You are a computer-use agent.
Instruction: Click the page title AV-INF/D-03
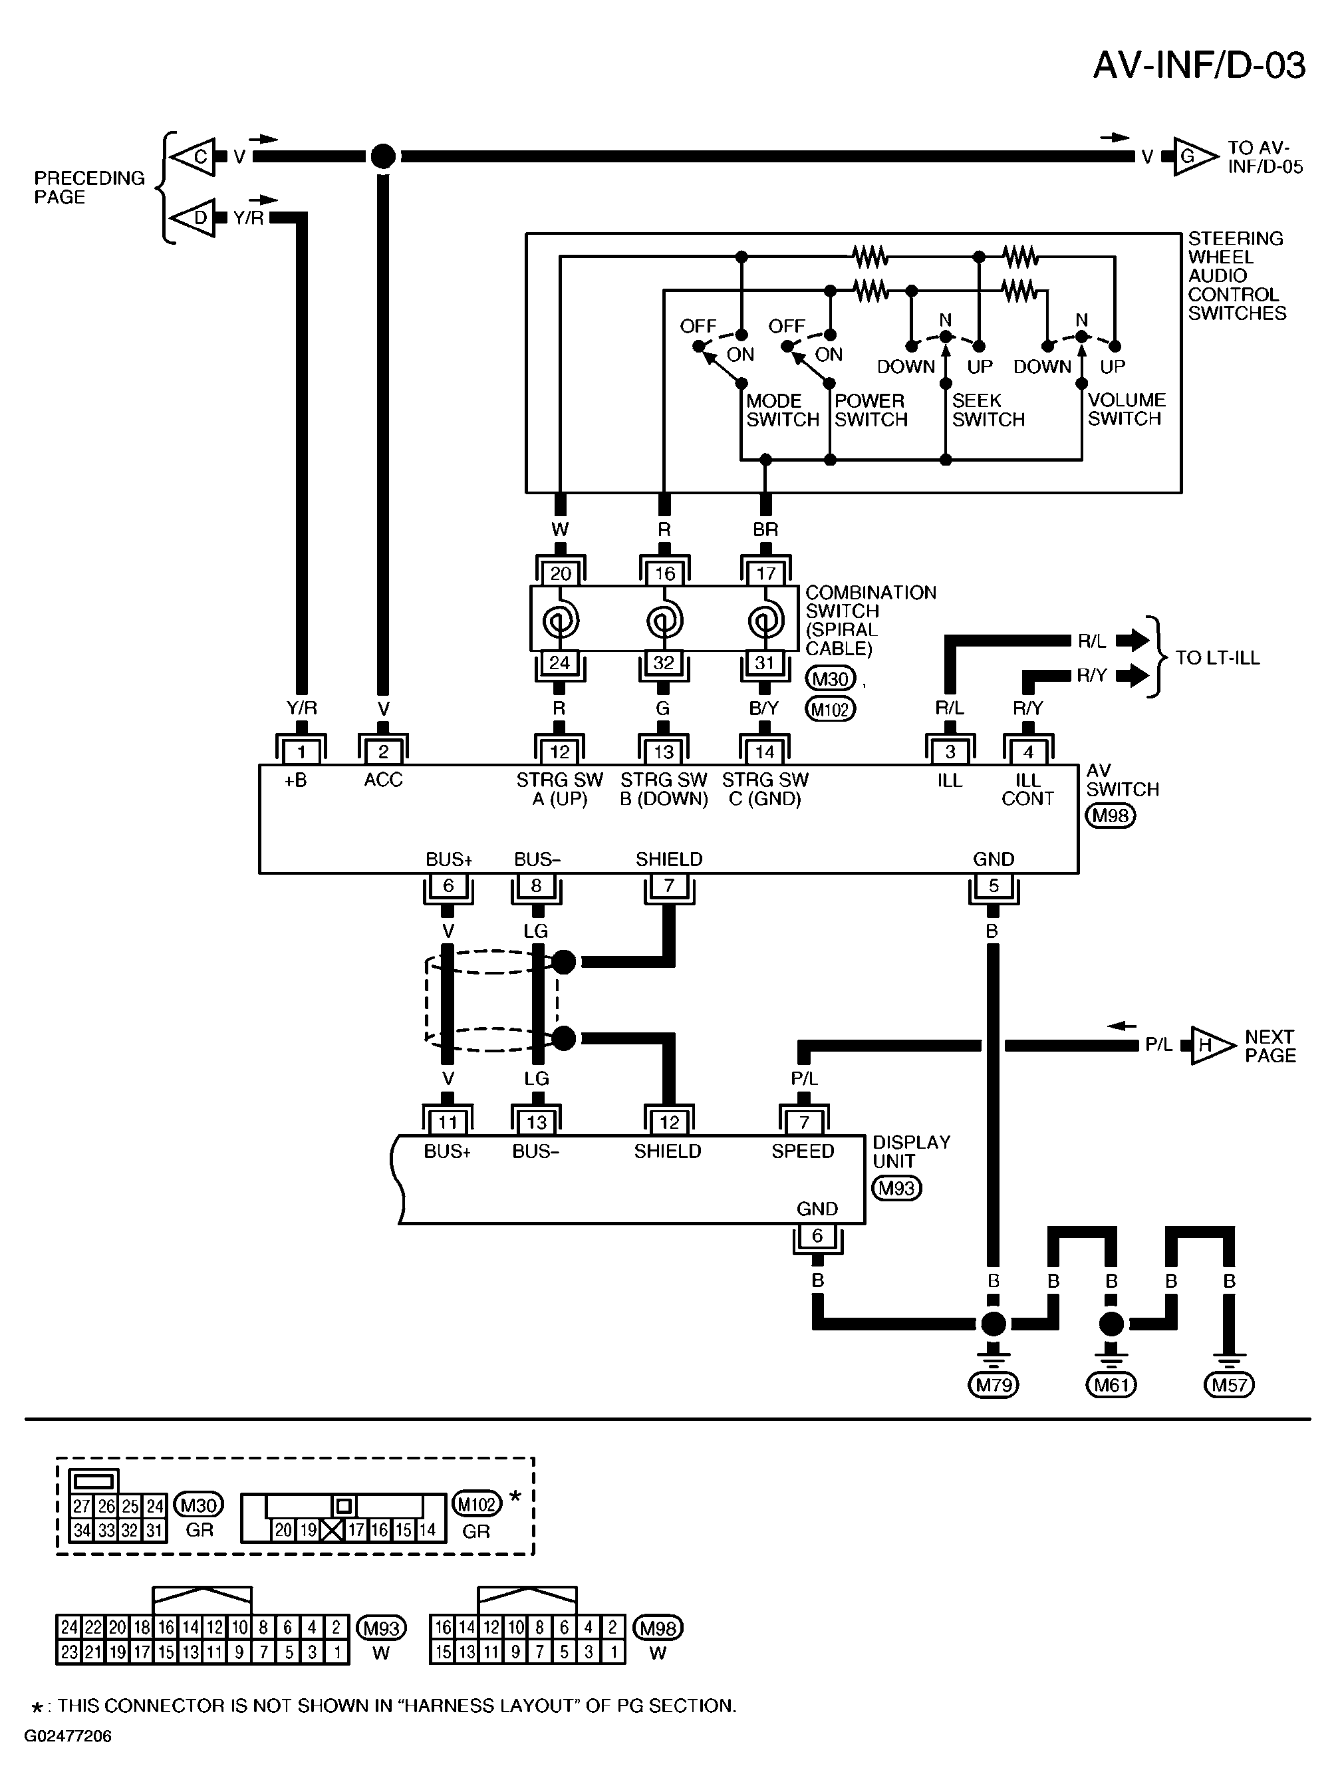1198,66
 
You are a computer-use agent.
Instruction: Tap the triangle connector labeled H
1213,1045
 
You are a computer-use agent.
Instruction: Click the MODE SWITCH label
782,410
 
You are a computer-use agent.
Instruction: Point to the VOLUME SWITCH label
1126,409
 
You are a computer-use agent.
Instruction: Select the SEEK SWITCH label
988,410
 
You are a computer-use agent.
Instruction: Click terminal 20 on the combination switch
561,573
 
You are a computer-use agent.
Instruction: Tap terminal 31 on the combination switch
765,663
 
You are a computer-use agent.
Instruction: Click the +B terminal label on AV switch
295,780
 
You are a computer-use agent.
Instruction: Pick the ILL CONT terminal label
1028,789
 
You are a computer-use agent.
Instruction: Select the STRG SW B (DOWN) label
664,790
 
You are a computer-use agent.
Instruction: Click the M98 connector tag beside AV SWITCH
1111,816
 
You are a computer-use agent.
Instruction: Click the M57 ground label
1229,1385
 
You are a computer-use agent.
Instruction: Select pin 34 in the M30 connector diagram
82,1530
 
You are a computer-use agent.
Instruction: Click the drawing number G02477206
68,1736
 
